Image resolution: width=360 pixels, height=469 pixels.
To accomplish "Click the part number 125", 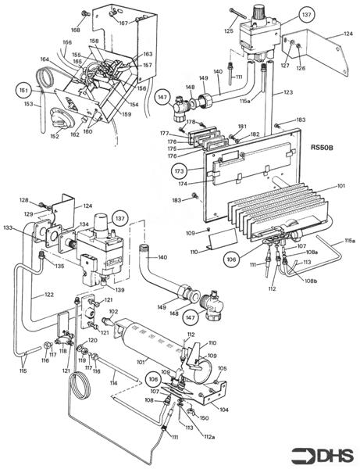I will pyautogui.click(x=228, y=31).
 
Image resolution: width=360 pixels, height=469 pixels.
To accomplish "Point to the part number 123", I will pyautogui.click(x=288, y=93).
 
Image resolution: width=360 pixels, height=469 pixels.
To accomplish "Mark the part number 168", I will pyautogui.click(x=75, y=30).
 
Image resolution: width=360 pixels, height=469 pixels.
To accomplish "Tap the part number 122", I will pyautogui.click(x=48, y=295).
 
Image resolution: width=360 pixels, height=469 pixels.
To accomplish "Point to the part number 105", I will pyautogui.click(x=222, y=368).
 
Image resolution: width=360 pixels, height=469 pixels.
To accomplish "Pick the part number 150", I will pyautogui.click(x=205, y=418).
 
